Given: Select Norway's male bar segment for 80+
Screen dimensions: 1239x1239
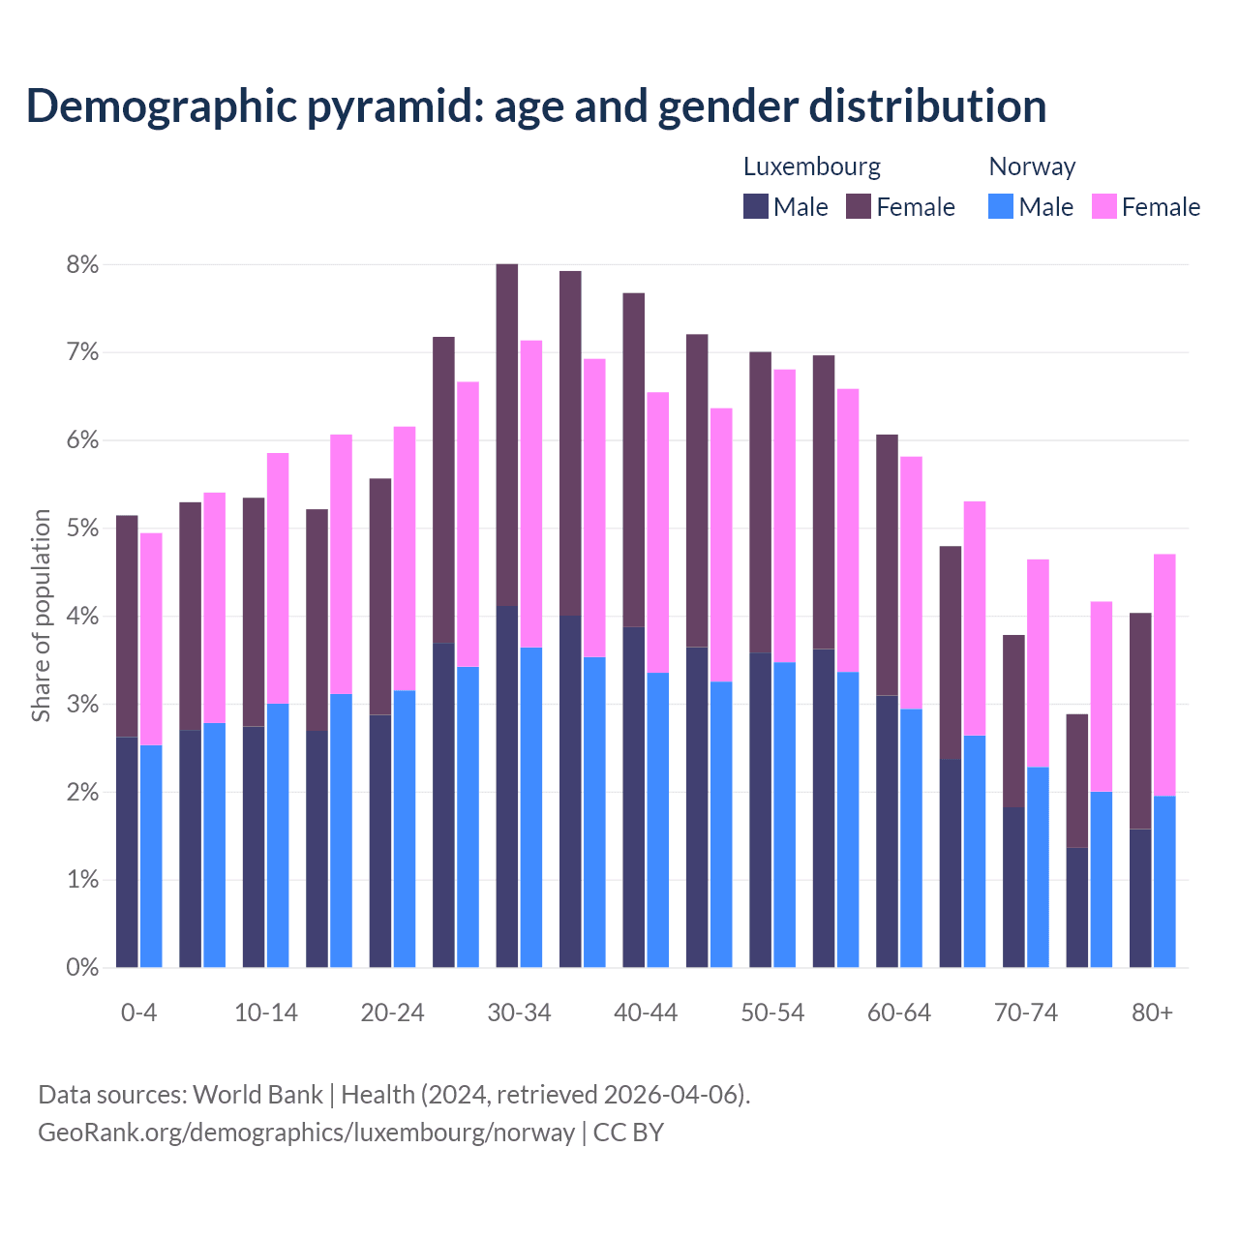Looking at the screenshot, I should pos(1164,881).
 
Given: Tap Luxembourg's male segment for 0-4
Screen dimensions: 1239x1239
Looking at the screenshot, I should pos(127,852).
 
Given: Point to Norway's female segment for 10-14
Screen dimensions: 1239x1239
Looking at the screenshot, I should pos(278,578).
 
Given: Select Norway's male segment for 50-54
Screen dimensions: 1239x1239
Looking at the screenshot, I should pos(784,814).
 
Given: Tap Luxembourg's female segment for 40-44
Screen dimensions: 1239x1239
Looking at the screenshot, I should pos(633,460).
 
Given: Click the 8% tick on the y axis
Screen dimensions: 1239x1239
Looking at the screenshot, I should pos(82,264).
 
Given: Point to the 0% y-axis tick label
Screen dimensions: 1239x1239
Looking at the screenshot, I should pos(82,967).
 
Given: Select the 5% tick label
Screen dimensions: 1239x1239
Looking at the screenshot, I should pos(82,529).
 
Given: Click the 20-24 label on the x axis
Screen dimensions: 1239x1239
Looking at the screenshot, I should pos(392,1012).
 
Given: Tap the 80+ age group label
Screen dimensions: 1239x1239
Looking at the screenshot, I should pos(1152,1012).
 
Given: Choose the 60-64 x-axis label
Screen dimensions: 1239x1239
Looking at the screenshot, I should pos(899,1012).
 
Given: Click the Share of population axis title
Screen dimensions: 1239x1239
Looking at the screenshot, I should pos(41,616).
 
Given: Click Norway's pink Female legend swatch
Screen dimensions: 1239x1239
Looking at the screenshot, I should pos(1103,206).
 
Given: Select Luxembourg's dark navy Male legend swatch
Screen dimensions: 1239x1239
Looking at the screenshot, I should pos(756,206).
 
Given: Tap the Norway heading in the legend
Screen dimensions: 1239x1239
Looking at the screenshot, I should pos(1032,166).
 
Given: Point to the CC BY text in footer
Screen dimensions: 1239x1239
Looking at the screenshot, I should pos(628,1132).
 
